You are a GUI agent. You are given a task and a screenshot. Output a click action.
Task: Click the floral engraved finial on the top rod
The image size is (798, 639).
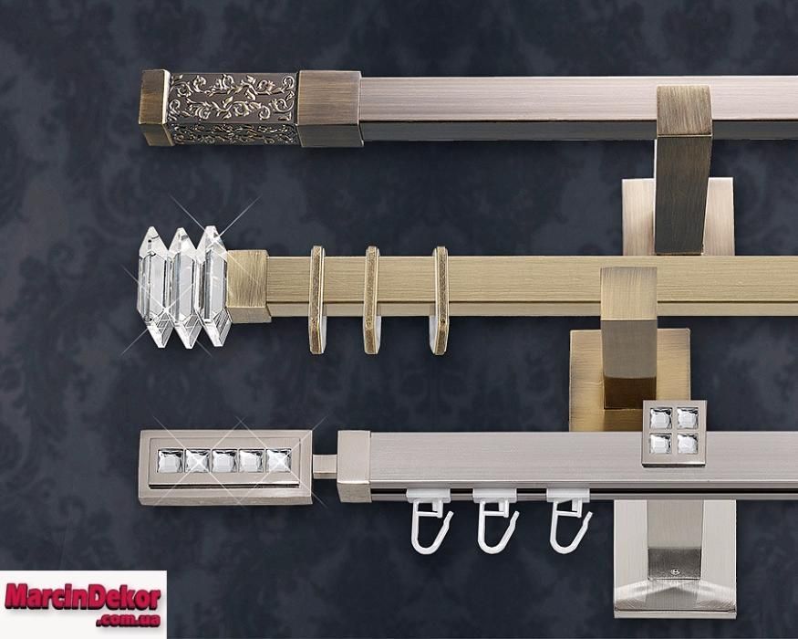pyautogui.click(x=233, y=108)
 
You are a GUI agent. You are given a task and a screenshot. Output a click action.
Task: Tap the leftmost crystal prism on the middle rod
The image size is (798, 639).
pyautogui.click(x=151, y=288)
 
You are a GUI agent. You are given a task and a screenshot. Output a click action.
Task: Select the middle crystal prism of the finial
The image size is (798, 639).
pyautogui.click(x=183, y=288)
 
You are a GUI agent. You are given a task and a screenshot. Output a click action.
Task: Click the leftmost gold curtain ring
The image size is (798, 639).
pyautogui.click(x=317, y=300)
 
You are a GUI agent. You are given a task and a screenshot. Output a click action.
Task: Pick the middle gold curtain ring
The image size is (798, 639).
pyautogui.click(x=371, y=300)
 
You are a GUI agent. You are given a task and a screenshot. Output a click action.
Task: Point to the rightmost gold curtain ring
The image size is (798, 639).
pyautogui.click(x=440, y=300)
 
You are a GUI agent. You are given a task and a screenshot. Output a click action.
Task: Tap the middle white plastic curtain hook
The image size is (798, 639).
pyautogui.click(x=496, y=520)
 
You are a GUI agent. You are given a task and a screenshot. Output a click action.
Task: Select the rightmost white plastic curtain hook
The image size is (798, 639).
pyautogui.click(x=569, y=520)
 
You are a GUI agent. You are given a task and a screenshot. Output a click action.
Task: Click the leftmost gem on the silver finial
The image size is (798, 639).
pyautogui.click(x=169, y=461)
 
